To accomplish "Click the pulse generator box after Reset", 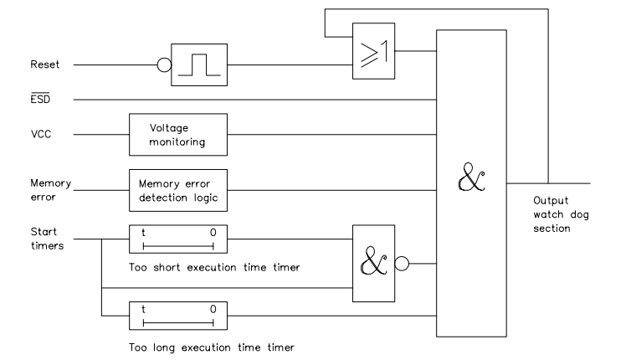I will tap(199, 64).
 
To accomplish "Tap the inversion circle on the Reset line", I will tap(163, 64).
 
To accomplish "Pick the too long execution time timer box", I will tap(177, 315).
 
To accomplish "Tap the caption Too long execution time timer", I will tap(212, 343).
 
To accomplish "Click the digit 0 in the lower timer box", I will tap(213, 309).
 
